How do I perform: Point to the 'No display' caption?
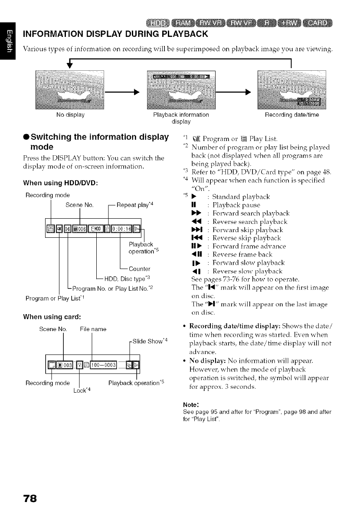(70, 115)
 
